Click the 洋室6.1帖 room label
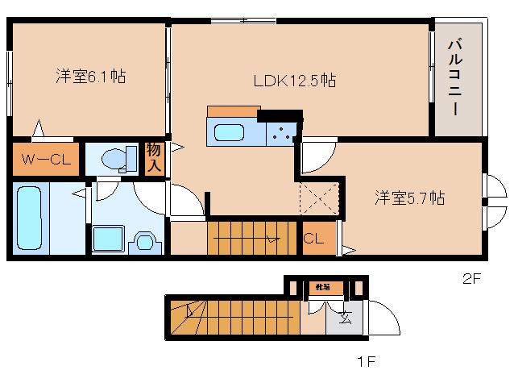tap(90, 77)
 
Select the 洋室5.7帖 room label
tap(409, 198)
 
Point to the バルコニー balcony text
tap(455, 77)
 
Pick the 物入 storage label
tap(154, 159)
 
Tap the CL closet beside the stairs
tap(314, 239)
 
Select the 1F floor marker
tap(367, 361)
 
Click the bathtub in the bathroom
tap(30, 216)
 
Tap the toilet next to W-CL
tap(118, 158)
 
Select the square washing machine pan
tap(107, 239)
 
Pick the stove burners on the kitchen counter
tap(281, 135)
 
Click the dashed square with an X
tap(318, 198)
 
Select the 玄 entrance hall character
tap(345, 316)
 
